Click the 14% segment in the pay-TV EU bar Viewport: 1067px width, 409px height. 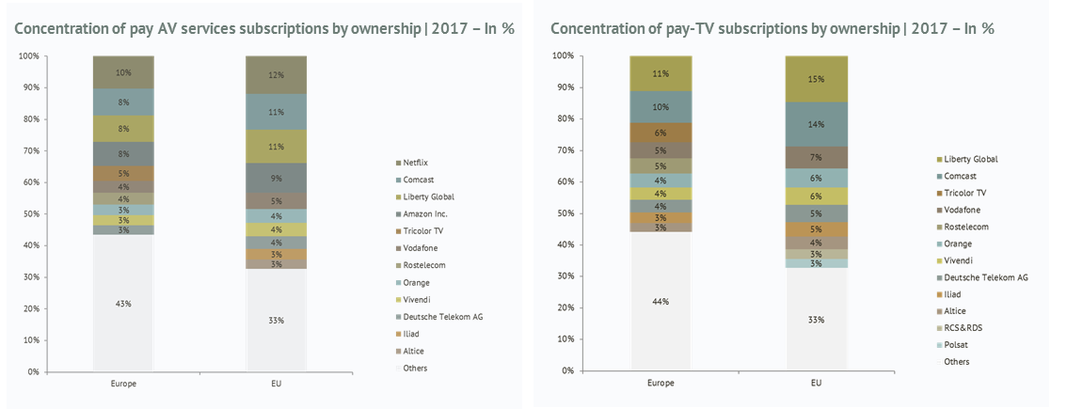point(817,123)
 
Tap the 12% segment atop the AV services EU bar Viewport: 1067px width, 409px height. point(276,74)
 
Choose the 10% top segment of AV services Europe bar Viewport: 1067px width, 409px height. point(123,71)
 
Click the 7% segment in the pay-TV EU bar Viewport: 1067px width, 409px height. point(817,157)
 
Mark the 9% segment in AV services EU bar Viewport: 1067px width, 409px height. point(276,178)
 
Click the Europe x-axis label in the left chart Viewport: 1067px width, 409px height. point(123,384)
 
